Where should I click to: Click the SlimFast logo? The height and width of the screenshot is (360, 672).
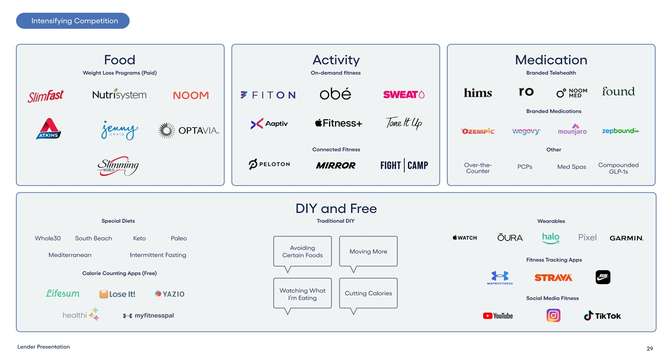pos(46,96)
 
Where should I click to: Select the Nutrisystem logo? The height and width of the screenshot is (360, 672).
pos(119,94)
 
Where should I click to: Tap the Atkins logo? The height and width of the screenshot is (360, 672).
pos(48,129)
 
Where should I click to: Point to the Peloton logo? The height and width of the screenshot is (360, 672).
pos(269,165)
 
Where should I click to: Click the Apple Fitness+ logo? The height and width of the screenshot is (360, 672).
pos(338,123)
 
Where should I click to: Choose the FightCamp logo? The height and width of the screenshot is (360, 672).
pos(404,165)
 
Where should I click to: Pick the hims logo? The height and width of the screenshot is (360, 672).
pos(478,93)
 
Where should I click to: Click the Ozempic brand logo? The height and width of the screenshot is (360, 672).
pos(477,131)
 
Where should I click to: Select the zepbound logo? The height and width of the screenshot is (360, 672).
pos(620,131)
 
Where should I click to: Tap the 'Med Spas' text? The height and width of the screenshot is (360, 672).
pos(571,167)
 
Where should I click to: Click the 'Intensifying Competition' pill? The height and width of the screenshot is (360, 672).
pos(73,21)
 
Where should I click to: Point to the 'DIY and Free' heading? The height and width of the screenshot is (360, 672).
pos(336,208)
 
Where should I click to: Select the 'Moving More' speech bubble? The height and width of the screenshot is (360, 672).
pos(368,252)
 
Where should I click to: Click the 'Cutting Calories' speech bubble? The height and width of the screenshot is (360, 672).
pos(368,293)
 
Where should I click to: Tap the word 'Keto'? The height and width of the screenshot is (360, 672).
pos(139,238)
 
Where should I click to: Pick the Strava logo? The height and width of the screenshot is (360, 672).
pos(553,278)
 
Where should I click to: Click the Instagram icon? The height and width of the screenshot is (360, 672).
pos(553,316)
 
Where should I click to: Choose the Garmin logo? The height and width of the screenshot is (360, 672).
pos(626,238)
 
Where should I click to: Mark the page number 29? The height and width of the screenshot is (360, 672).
pos(650,348)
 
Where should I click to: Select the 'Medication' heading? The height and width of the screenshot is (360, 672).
pos(551,60)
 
